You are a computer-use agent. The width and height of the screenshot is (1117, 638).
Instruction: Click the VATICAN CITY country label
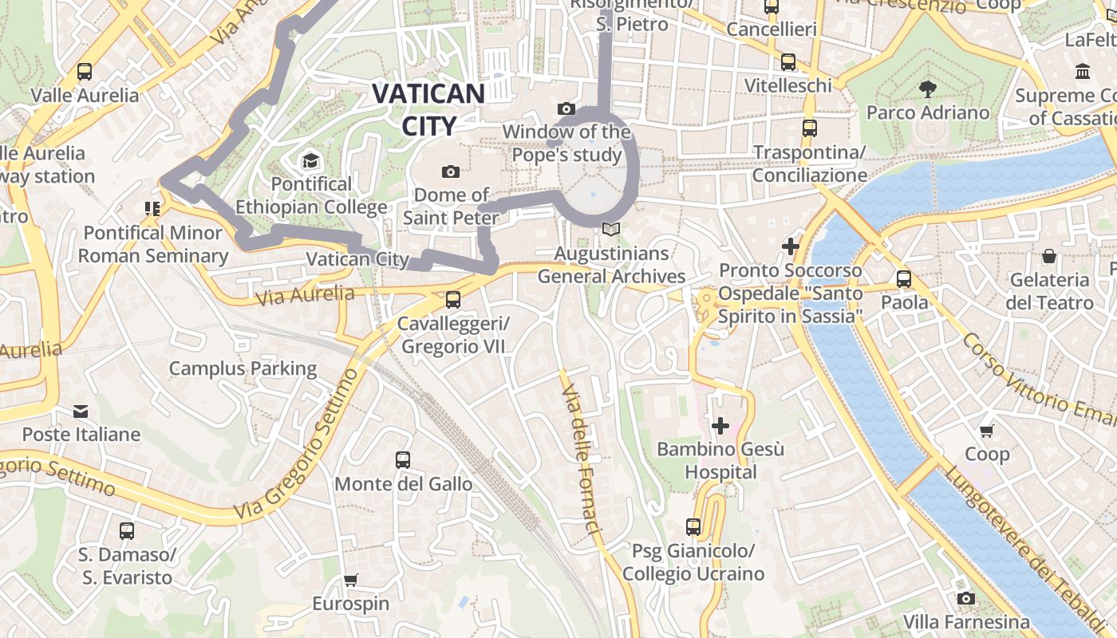tap(428, 109)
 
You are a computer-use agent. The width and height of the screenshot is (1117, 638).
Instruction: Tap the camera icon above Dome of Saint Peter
tap(451, 171)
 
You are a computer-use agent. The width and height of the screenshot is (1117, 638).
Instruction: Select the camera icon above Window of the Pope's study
tap(566, 108)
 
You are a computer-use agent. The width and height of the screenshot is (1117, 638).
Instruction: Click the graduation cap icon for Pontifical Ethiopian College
tap(310, 161)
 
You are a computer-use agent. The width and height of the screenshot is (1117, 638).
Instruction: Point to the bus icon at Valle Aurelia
tap(85, 72)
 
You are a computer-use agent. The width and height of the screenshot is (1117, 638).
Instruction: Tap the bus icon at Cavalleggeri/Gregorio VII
tap(453, 300)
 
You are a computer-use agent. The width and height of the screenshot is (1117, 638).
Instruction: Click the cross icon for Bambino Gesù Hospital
tap(720, 426)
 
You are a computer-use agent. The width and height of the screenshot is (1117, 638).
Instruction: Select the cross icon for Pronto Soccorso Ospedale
tap(791, 246)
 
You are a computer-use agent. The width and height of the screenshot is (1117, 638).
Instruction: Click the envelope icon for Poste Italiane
tap(81, 412)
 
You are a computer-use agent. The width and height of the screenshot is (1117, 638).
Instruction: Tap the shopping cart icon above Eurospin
tap(350, 580)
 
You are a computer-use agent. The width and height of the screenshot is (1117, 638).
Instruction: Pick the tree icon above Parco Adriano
tap(927, 89)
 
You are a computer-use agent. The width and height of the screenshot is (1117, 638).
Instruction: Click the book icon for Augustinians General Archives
tap(611, 230)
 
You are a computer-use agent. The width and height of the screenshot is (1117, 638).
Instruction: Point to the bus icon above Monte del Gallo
tap(403, 460)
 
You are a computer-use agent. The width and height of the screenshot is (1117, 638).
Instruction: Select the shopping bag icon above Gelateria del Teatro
tap(1049, 256)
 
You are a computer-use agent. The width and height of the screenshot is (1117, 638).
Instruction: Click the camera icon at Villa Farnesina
tap(966, 598)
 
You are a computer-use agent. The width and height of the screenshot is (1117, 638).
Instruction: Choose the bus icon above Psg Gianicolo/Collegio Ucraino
tap(693, 527)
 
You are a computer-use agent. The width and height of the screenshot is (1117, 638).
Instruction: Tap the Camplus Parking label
tap(243, 368)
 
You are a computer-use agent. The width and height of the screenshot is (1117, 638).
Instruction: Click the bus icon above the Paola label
tap(904, 279)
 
